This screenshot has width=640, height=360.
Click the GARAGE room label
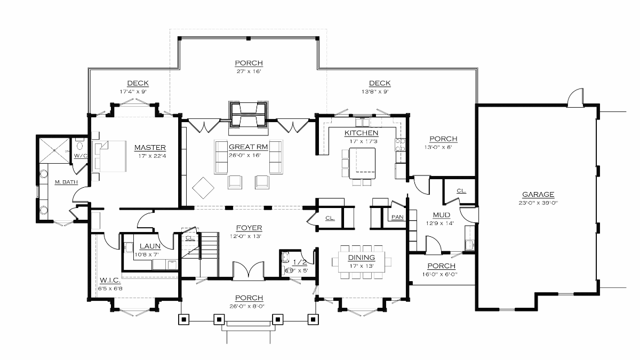pyautogui.click(x=538, y=195)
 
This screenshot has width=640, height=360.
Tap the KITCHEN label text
pyautogui.click(x=361, y=133)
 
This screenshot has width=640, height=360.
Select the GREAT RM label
pyautogui.click(x=248, y=147)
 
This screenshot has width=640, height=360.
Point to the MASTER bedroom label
pyautogui.click(x=150, y=147)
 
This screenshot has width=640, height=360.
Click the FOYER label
pyautogui.click(x=249, y=228)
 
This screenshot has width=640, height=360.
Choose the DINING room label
pyautogui.click(x=362, y=258)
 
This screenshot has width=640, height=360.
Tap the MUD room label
pyautogui.click(x=442, y=215)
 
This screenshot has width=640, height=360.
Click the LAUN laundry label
pyautogui.click(x=150, y=246)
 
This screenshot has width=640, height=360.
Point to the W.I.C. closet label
pyautogui.click(x=110, y=280)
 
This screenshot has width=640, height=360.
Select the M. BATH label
pyautogui.click(x=66, y=182)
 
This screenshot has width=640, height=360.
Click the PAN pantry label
pyautogui.click(x=397, y=217)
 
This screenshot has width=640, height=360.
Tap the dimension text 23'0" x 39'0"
pyautogui.click(x=538, y=203)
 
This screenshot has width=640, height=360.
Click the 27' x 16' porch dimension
pyautogui.click(x=249, y=71)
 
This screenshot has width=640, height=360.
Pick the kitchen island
pyautogui.click(x=362, y=163)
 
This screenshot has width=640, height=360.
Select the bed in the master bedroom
pyautogui.click(x=109, y=156)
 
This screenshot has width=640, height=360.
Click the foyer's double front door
pyautogui.click(x=249, y=269)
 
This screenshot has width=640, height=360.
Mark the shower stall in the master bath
pyautogui.click(x=54, y=150)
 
